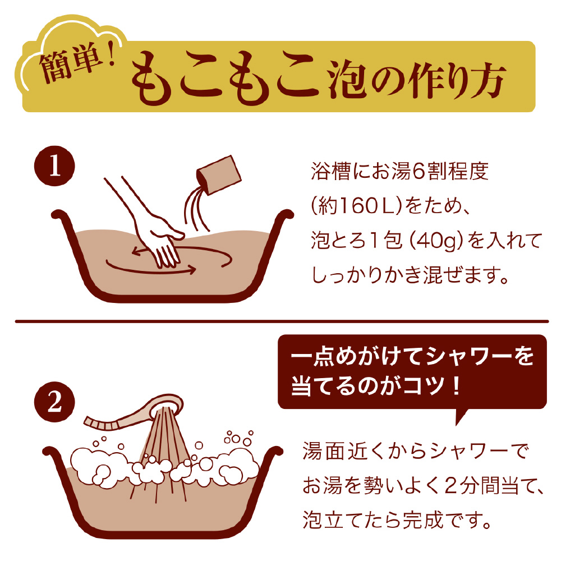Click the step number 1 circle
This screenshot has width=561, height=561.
pos(54,165)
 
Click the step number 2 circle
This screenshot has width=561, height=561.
pos(54,402)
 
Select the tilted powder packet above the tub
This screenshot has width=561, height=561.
pos(219,175)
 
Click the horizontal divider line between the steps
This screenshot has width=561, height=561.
pos(282,321)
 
